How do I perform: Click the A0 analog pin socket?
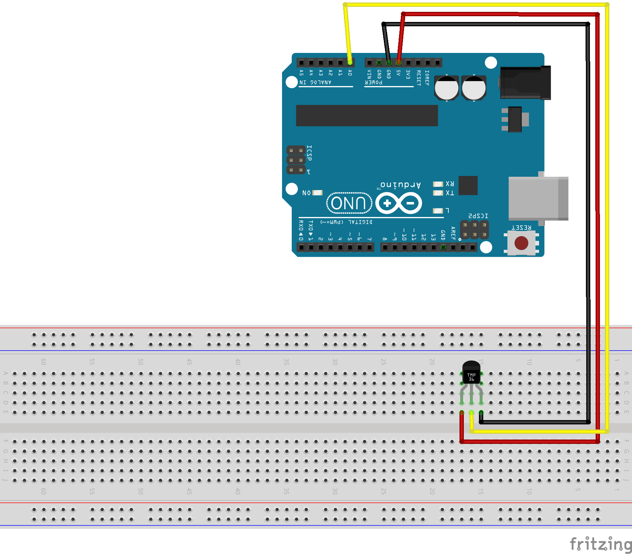(350, 63)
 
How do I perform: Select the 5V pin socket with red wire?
(398, 63)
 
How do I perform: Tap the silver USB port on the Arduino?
(538, 198)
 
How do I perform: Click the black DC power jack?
(525, 83)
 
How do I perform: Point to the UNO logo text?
(348, 203)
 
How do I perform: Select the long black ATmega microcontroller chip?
(367, 116)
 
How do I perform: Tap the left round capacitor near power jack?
(447, 87)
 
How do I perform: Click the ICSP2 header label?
(478, 216)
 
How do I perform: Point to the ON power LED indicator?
(317, 193)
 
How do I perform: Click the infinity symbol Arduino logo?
(399, 203)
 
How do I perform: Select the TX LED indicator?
(438, 193)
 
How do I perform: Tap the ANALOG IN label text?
(315, 82)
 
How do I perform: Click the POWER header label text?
(373, 82)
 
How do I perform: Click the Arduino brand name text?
(400, 185)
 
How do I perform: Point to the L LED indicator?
(438, 211)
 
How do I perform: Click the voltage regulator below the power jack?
(515, 119)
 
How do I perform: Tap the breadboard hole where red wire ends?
(462, 413)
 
